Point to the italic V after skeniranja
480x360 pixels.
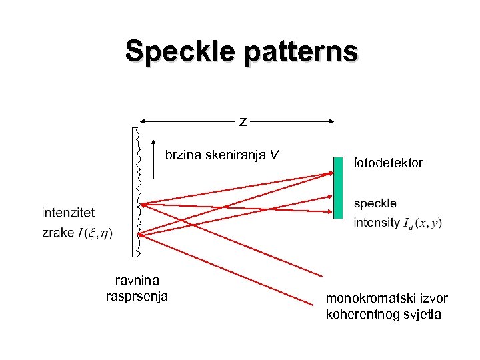point(274,156)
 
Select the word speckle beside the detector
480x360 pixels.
point(375,203)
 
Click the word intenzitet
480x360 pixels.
point(68,213)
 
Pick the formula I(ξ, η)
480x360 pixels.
point(95,233)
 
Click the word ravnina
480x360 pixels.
point(137,281)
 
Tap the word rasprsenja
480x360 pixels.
point(137,296)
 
